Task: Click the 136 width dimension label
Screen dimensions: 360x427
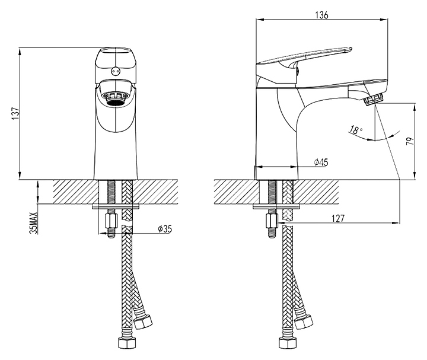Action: point(322,14)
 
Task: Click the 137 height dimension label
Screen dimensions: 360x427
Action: point(15,112)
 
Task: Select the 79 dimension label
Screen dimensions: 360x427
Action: point(409,143)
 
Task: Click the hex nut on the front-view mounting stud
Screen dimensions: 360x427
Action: point(110,222)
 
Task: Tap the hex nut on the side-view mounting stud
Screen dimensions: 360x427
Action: point(272,222)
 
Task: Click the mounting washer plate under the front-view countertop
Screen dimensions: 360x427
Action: point(116,206)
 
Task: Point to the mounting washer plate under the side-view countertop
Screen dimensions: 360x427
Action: point(278,206)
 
